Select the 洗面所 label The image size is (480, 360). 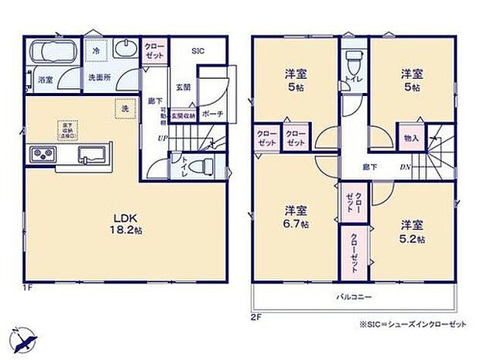tap(97, 77)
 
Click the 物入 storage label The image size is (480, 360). tap(411, 139)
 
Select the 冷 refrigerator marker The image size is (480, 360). tap(96, 50)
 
